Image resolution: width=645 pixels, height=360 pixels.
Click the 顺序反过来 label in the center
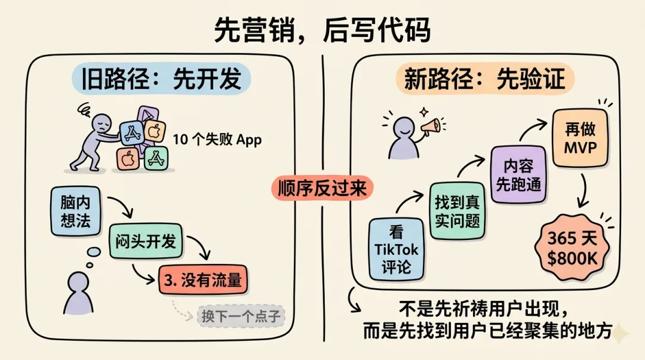pyautogui.click(x=322, y=188)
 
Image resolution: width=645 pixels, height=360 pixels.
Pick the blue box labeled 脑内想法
pyautogui.click(x=75, y=211)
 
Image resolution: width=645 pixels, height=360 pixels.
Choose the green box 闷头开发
pyautogui.click(x=146, y=241)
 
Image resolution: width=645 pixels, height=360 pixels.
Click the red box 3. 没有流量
pyautogui.click(x=203, y=279)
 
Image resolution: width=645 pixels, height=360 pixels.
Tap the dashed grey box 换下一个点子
pyautogui.click(x=241, y=316)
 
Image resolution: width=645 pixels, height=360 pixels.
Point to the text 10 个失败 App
pyautogui.click(x=217, y=141)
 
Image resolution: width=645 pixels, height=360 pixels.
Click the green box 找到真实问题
pyautogui.click(x=457, y=211)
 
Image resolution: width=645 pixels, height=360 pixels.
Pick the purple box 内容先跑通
pyautogui.click(x=518, y=175)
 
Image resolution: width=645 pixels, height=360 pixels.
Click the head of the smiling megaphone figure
pyautogui.click(x=398, y=127)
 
